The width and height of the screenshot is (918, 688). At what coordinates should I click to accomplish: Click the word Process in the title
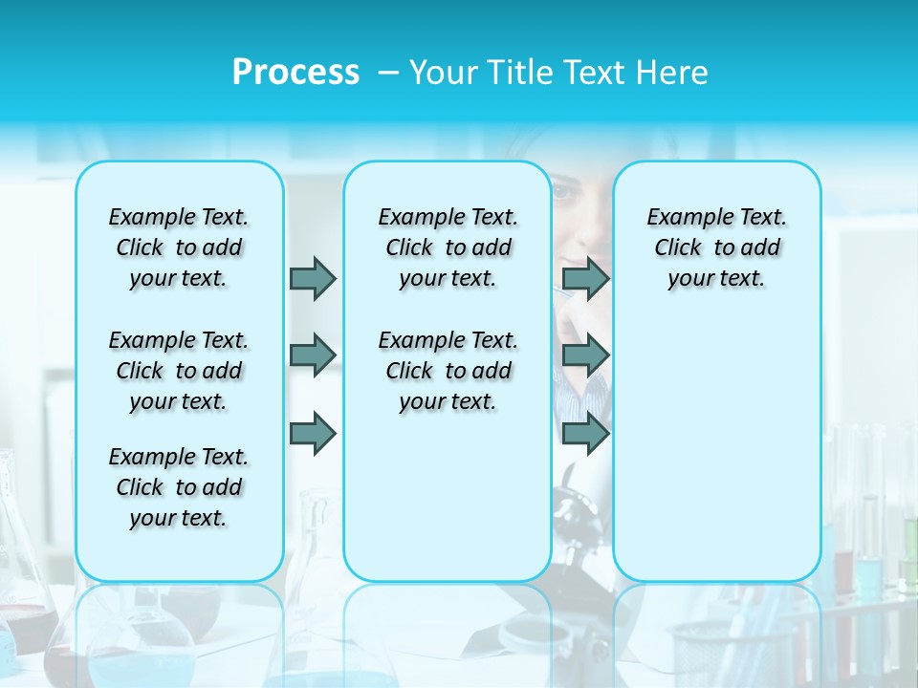[295, 73]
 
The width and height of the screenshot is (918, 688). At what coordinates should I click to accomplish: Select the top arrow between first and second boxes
[313, 278]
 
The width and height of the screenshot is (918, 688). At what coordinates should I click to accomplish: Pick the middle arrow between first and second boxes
[313, 355]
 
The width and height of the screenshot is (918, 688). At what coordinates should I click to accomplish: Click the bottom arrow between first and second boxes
[313, 433]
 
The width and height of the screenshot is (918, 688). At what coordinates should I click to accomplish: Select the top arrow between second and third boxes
[585, 278]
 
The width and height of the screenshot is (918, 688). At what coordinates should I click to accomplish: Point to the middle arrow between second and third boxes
[585, 355]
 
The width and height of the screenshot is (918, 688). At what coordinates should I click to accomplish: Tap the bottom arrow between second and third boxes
[585, 433]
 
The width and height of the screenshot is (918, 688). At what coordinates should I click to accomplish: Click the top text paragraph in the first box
[179, 247]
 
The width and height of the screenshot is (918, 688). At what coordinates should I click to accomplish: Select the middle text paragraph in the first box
[179, 371]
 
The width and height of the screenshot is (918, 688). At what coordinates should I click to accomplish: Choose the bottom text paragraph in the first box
[179, 487]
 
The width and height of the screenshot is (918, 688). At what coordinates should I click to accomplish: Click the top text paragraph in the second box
[448, 247]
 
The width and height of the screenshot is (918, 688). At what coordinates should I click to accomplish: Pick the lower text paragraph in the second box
[448, 371]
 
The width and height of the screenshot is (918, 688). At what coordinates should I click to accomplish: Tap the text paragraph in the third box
[717, 247]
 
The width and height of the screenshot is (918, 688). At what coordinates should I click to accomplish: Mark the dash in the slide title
[388, 73]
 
